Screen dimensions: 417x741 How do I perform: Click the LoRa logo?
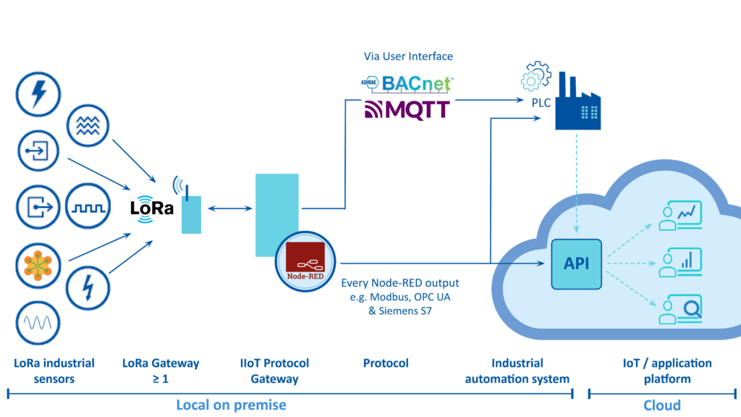tap(152, 208)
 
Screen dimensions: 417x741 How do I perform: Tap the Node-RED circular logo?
tap(305, 261)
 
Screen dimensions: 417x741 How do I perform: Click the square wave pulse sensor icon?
tap(88, 206)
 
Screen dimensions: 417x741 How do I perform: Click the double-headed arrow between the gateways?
tap(229, 208)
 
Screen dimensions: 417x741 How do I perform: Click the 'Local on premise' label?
tap(231, 405)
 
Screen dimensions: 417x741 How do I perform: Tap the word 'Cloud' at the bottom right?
tap(662, 405)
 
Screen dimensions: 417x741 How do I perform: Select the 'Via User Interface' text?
tap(408, 56)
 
